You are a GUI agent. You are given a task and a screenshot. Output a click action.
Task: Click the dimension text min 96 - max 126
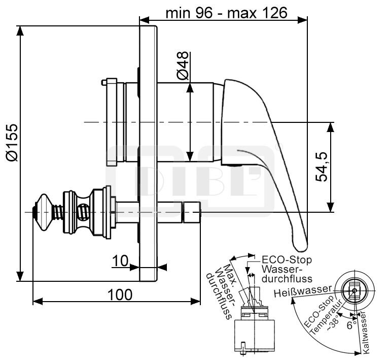[x=226, y=13]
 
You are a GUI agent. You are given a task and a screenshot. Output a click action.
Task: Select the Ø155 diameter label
[x=12, y=142]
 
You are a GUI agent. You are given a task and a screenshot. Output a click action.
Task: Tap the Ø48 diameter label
[x=183, y=66]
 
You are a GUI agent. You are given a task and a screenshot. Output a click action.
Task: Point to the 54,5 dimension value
[x=322, y=167]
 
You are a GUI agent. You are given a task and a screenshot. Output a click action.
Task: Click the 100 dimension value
[x=120, y=294]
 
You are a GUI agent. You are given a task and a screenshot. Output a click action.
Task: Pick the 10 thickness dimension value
[x=120, y=261]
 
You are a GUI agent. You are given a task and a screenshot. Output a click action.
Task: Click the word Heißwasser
[x=303, y=291]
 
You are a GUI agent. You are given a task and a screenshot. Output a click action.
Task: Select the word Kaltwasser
[x=365, y=333]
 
